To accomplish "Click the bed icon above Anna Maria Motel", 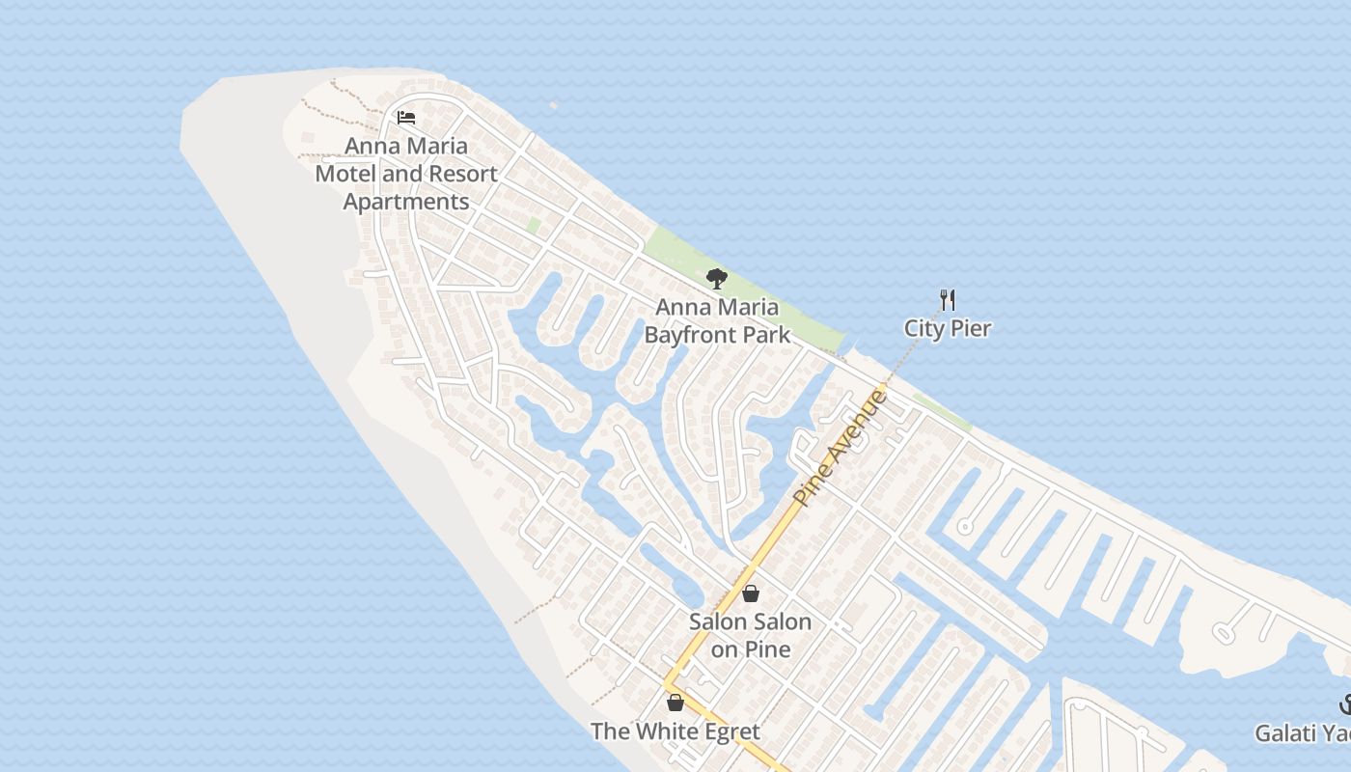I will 406,118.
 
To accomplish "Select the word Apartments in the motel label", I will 406,202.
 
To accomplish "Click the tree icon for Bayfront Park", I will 716,279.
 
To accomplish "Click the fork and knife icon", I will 948,300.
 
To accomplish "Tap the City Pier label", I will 947,328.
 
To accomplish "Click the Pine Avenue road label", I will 840,447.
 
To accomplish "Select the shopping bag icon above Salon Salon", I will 750,593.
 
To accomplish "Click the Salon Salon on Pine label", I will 750,635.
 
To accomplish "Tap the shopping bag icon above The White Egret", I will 675,703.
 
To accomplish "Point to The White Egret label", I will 675,731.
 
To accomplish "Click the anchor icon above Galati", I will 1345,704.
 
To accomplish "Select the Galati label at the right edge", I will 1302,733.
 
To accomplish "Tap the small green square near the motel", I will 533,226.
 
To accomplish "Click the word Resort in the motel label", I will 461,175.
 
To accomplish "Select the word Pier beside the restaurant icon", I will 971,328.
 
